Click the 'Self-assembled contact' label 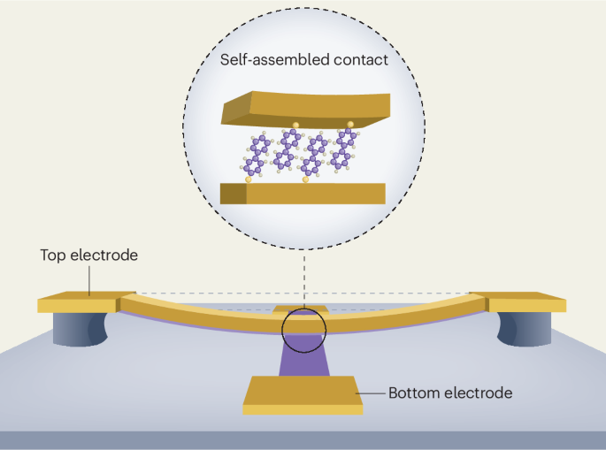(x=303, y=60)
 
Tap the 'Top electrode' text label (x=88, y=256)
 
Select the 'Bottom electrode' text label (x=450, y=393)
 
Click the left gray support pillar (x=80, y=329)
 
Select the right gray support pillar (x=525, y=329)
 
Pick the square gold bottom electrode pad (x=303, y=395)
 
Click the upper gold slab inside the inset (x=306, y=110)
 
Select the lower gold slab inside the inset (x=303, y=194)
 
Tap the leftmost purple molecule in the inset (x=256, y=156)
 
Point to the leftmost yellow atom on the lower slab (x=248, y=179)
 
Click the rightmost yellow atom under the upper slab (x=350, y=125)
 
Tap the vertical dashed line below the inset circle (x=304, y=278)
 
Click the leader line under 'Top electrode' (x=89, y=281)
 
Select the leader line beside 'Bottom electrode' (x=371, y=393)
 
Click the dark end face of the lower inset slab (x=234, y=194)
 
